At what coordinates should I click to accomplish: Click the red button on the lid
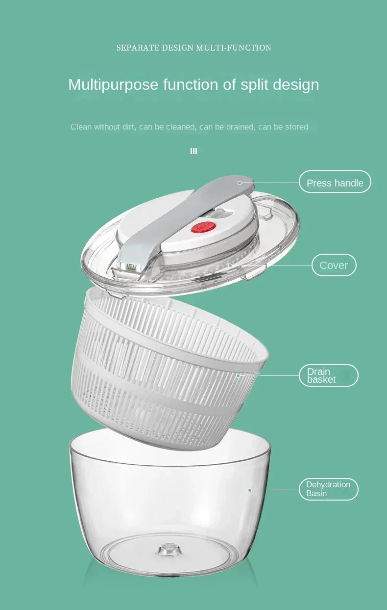pos(204,227)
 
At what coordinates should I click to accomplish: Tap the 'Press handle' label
pos(335,183)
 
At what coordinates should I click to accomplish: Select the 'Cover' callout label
pos(334,265)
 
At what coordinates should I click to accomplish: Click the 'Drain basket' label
pos(328,375)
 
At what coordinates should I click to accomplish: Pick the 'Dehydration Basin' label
pos(328,489)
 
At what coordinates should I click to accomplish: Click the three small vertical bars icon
pos(193,151)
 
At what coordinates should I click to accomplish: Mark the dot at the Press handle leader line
pos(240,183)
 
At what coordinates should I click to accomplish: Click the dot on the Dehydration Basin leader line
pos(250,490)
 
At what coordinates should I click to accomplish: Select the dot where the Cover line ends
pos(230,265)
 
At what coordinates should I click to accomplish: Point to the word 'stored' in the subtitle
pos(296,127)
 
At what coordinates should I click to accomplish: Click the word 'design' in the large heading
pos(296,85)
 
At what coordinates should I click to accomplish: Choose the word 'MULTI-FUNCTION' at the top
pos(234,48)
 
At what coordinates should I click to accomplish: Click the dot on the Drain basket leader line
pos(238,376)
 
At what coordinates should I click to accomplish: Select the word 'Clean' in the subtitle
pos(81,127)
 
